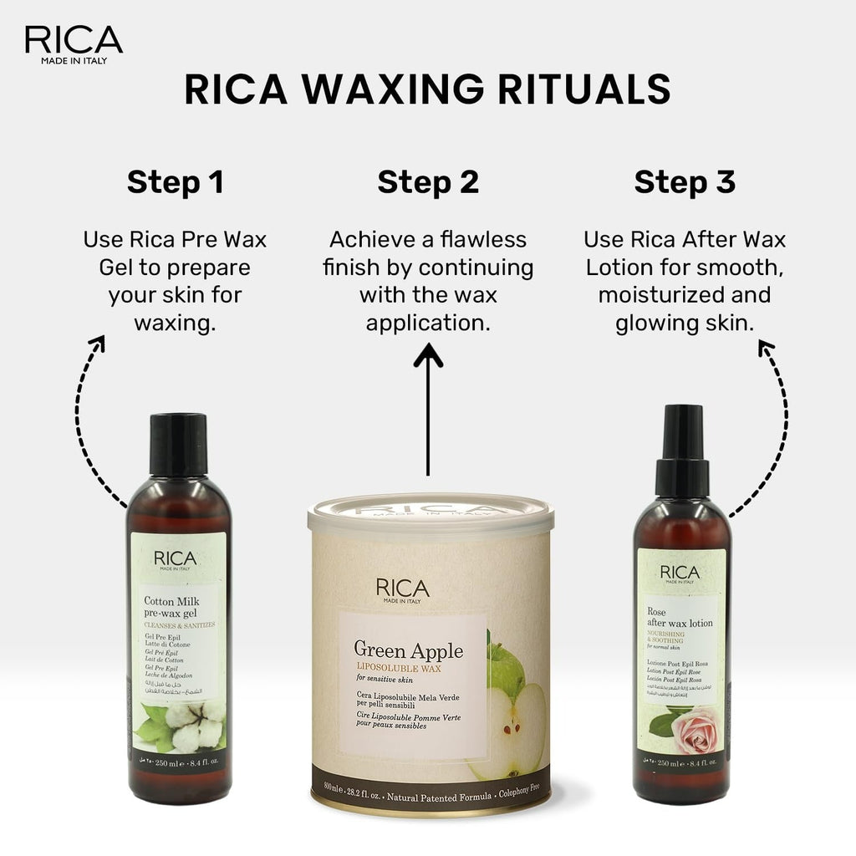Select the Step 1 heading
coord(175,182)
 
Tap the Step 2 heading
coord(428,182)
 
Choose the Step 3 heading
coord(684,182)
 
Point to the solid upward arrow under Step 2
coord(428,410)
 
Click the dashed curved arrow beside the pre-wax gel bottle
coord(84,418)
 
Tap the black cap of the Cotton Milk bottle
coord(179,444)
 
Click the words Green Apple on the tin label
coord(408,650)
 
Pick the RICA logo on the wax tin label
coord(402,588)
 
